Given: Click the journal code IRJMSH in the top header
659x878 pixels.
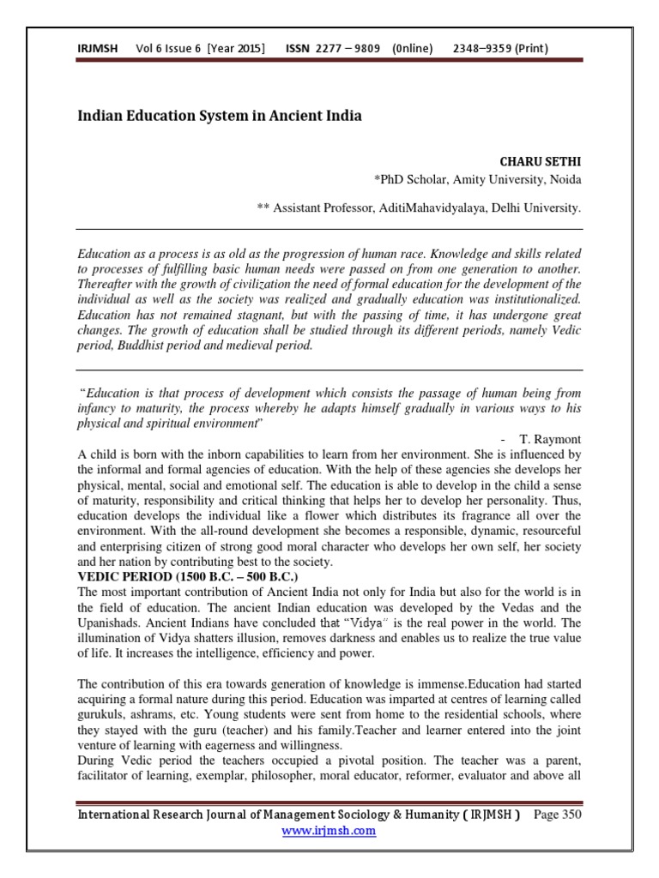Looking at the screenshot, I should (97, 48).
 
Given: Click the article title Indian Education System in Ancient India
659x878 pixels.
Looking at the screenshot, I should (220, 116).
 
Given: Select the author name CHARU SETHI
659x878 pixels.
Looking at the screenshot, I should (540, 161).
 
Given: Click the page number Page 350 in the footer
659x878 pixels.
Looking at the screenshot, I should (558, 815).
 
